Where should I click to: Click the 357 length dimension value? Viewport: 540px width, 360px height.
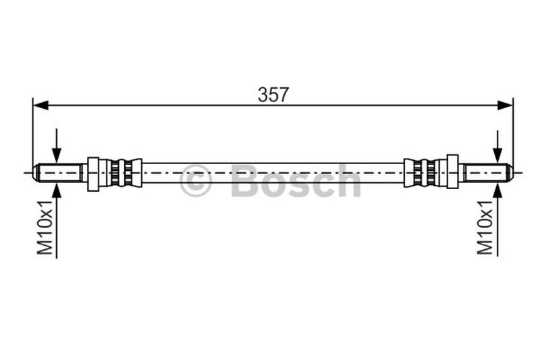(x=273, y=95)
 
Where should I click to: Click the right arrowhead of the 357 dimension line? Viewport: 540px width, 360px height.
(x=504, y=105)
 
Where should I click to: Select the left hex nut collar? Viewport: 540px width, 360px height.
(x=93, y=173)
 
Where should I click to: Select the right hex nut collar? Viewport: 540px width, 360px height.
(x=452, y=172)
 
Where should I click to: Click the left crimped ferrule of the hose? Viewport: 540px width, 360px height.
(x=125, y=173)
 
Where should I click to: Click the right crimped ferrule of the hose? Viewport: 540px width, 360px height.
(x=421, y=172)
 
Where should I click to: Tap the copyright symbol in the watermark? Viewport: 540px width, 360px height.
(x=196, y=181)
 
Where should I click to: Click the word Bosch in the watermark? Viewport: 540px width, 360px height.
(x=296, y=181)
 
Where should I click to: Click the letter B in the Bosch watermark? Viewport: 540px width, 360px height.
(x=245, y=181)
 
